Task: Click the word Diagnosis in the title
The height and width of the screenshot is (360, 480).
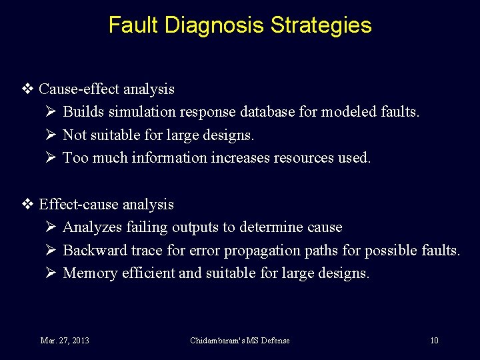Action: pyautogui.click(x=215, y=25)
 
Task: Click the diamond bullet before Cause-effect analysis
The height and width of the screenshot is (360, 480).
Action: pyautogui.click(x=28, y=89)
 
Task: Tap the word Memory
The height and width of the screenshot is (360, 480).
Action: pyautogui.click(x=90, y=273)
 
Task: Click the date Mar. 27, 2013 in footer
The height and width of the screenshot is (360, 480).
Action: pyautogui.click(x=65, y=341)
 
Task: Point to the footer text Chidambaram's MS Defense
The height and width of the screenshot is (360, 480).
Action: pyautogui.click(x=240, y=341)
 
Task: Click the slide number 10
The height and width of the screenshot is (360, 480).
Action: pyautogui.click(x=434, y=341)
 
